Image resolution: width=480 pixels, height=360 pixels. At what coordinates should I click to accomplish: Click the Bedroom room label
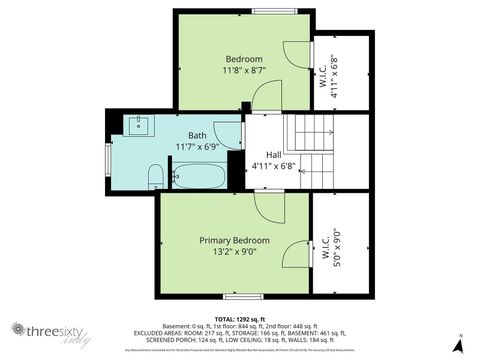[243, 58]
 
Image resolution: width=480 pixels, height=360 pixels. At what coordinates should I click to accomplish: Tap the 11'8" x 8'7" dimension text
[243, 71]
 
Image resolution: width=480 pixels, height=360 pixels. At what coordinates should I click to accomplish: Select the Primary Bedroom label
[234, 240]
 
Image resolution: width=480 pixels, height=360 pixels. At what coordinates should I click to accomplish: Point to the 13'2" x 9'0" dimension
[234, 253]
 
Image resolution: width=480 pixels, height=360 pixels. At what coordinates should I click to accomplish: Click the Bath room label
[197, 134]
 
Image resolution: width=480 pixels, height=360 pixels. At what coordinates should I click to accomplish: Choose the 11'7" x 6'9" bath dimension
[197, 147]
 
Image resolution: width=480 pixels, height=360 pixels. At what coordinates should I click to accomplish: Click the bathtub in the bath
[199, 177]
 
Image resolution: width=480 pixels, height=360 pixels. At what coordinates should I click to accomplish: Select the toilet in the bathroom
[155, 177]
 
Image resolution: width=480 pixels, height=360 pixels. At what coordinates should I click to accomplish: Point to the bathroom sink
[137, 125]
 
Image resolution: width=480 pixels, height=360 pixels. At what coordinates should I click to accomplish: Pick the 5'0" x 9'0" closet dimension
[339, 246]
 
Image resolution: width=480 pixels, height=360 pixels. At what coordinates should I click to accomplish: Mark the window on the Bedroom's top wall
[272, 11]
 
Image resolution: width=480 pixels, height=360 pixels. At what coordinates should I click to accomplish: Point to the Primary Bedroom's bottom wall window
[243, 296]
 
